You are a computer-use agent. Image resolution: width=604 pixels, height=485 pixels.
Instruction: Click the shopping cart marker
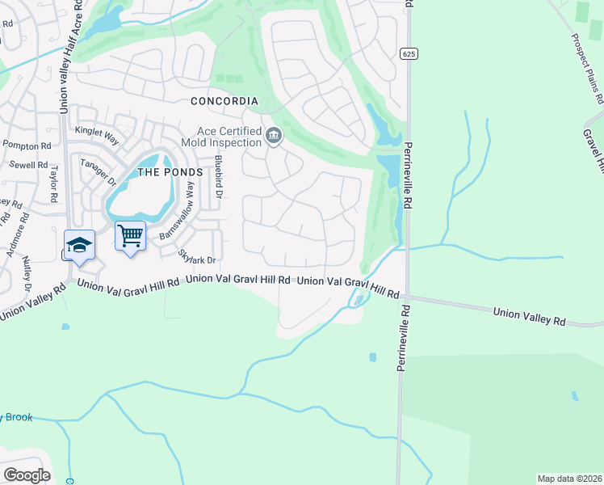pyautogui.click(x=130, y=236)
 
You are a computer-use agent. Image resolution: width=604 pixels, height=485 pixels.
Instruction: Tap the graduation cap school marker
pyautogui.click(x=79, y=246)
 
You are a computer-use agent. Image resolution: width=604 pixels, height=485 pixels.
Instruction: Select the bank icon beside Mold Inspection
pyautogui.click(x=274, y=136)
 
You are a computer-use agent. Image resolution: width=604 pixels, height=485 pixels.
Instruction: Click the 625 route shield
pyautogui.click(x=409, y=53)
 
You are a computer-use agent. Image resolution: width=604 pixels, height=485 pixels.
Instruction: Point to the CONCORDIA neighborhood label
pyautogui.click(x=224, y=101)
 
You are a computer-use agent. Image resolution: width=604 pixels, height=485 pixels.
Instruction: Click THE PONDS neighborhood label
pyautogui.click(x=168, y=172)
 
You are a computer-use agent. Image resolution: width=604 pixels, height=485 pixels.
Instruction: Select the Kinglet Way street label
pyautogui.click(x=95, y=130)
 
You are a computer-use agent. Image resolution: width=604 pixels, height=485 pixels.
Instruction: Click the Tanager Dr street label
pyautogui.click(x=99, y=171)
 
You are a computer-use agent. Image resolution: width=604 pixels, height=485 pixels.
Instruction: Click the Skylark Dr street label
pyautogui.click(x=198, y=257)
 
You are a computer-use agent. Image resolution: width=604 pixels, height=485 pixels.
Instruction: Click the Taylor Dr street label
pyautogui.click(x=55, y=184)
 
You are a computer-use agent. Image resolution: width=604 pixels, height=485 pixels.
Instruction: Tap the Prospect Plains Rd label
pyautogui.click(x=588, y=69)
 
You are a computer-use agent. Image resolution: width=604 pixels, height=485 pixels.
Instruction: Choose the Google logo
pyautogui.click(x=27, y=475)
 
